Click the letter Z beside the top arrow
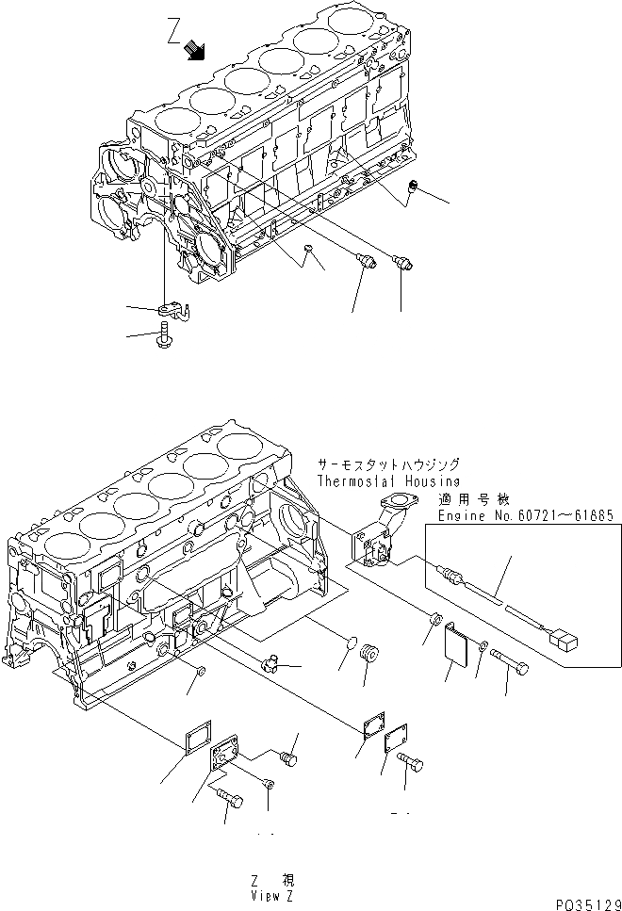point(173,36)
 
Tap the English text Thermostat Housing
point(388,480)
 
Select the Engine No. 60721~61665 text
point(525,515)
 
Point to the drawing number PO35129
point(586,903)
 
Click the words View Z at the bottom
point(272,896)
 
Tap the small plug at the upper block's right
point(412,191)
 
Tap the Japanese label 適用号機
point(467,499)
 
